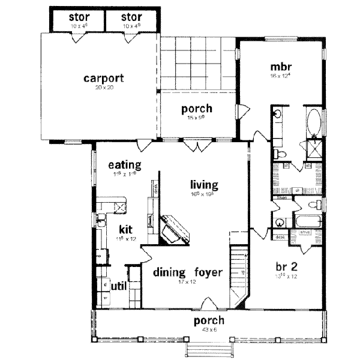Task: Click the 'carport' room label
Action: pyautogui.click(x=104, y=78)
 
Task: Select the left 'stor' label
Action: pyautogui.click(x=78, y=16)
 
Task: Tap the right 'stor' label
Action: pyautogui.click(x=131, y=16)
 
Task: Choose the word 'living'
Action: pyautogui.click(x=203, y=184)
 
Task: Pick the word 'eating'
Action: pyautogui.click(x=124, y=164)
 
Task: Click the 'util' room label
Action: pyautogui.click(x=118, y=286)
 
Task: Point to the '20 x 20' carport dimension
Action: pyautogui.click(x=104, y=88)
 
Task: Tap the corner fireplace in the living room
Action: pyautogui.click(x=174, y=230)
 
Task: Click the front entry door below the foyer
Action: pyautogui.click(x=208, y=304)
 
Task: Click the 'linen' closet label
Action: pyautogui.click(x=280, y=197)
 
